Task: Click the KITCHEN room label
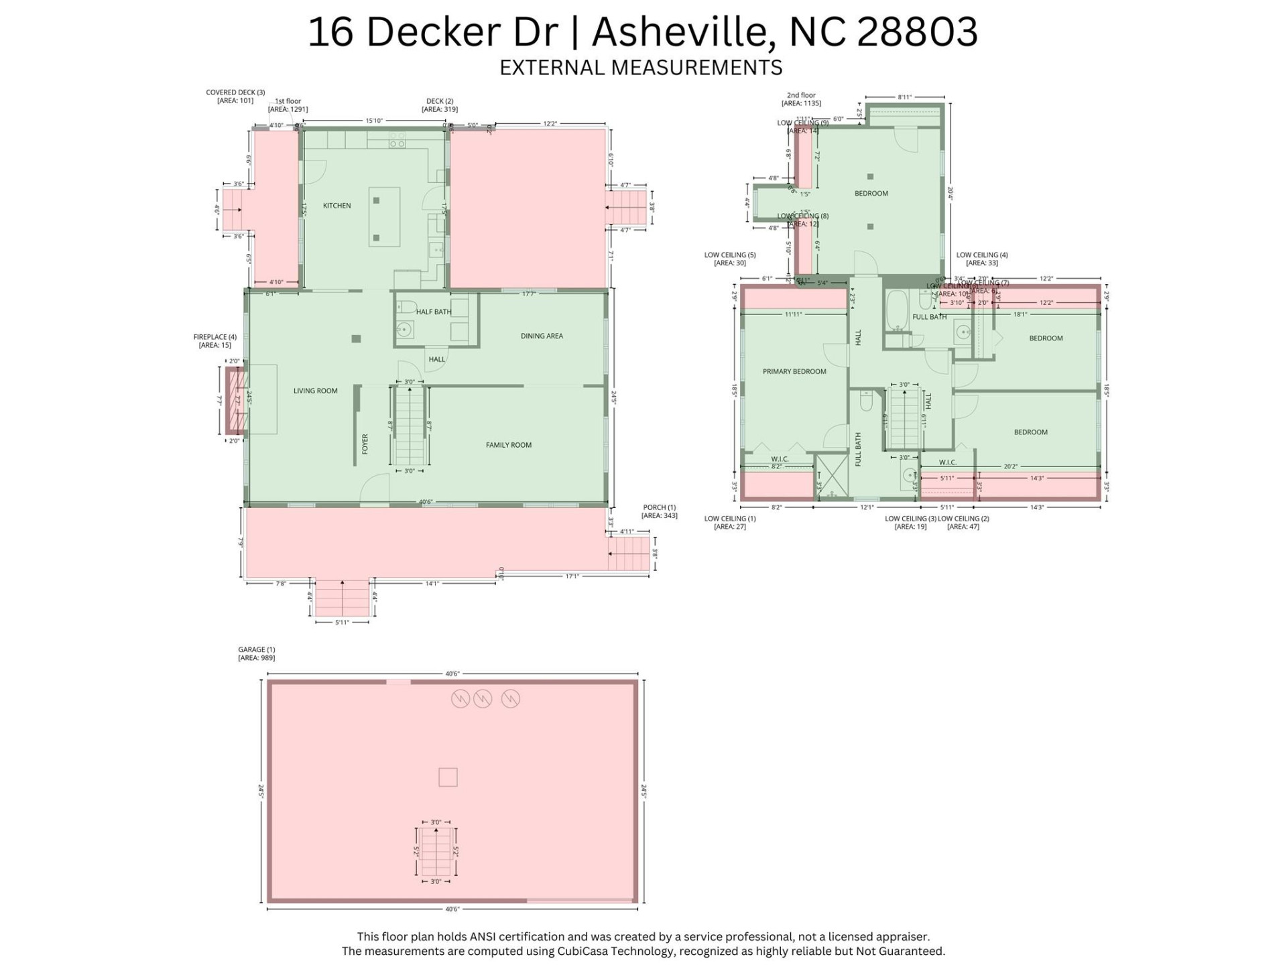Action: click(336, 206)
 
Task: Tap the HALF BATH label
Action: click(433, 312)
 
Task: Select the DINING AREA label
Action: click(542, 336)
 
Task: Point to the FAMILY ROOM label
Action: click(508, 445)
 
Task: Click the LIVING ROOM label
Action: click(315, 391)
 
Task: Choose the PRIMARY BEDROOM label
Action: click(794, 371)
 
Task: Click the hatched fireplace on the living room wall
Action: click(237, 400)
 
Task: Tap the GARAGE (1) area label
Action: click(257, 653)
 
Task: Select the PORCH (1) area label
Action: click(659, 511)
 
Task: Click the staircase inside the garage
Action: click(436, 852)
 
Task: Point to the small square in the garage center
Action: click(448, 777)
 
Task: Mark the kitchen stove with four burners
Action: click(397, 139)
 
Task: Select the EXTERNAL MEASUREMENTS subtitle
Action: click(641, 68)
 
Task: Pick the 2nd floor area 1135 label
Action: click(801, 99)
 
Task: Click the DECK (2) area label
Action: click(440, 105)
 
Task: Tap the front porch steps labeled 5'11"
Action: click(342, 598)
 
